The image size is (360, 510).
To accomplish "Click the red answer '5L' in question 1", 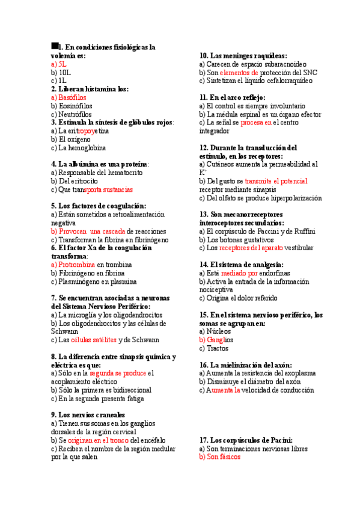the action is (x=63, y=63).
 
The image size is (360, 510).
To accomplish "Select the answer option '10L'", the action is (x=64, y=72).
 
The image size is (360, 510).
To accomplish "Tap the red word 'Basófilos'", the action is (x=73, y=97).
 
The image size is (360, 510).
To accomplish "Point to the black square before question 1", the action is (x=55, y=45).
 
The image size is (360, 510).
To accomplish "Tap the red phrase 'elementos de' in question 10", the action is (x=239, y=72).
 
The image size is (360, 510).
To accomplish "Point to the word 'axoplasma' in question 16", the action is (x=296, y=373).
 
